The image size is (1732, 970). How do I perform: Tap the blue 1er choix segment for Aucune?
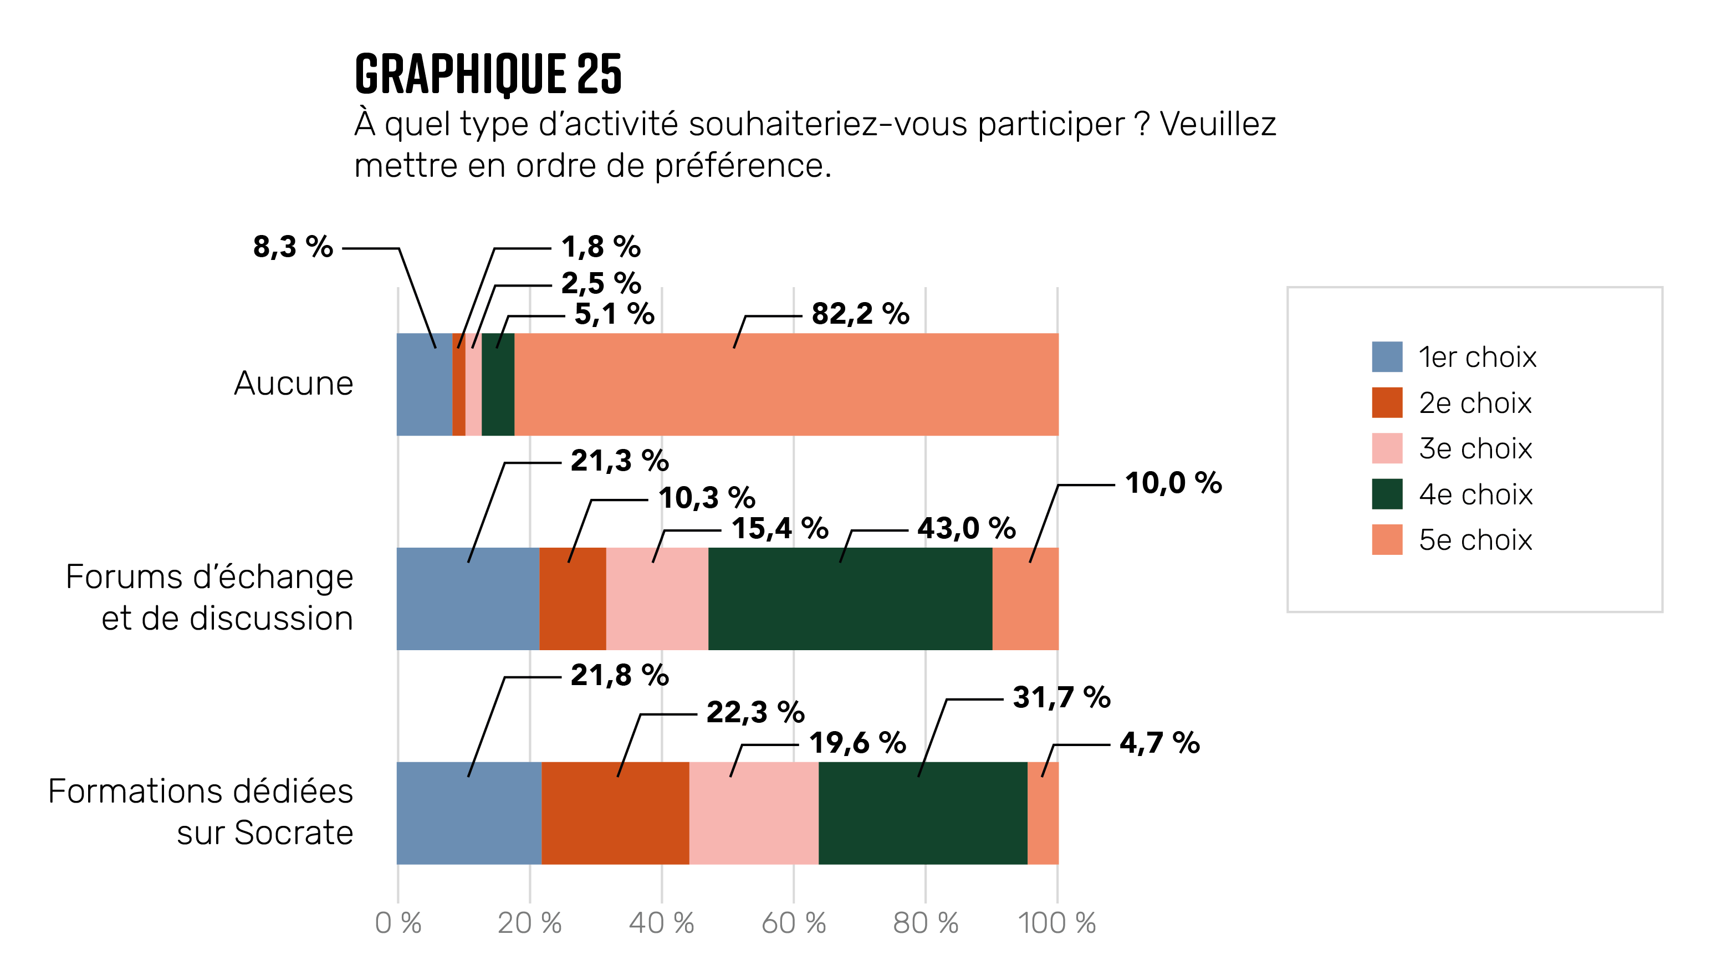pyautogui.click(x=424, y=385)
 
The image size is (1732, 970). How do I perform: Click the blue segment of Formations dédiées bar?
pyautogui.click(x=469, y=813)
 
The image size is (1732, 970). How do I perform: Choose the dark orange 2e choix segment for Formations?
pyautogui.click(x=615, y=813)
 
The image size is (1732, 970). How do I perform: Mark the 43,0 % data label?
pyautogui.click(x=966, y=528)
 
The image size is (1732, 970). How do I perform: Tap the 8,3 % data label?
pyautogui.click(x=293, y=247)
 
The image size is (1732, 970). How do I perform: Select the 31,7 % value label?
pyautogui.click(x=1061, y=697)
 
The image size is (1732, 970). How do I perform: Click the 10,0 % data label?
pyautogui.click(x=1173, y=483)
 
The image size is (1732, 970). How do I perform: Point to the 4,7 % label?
pyautogui.click(x=1159, y=743)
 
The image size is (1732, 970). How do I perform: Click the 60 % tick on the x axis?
pyautogui.click(x=793, y=923)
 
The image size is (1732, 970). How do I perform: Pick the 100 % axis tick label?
pyautogui.click(x=1056, y=923)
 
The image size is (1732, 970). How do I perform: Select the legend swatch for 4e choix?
pyautogui.click(x=1386, y=494)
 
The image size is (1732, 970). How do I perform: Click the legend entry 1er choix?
pyautogui.click(x=1476, y=357)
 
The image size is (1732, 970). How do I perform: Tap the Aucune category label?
pyautogui.click(x=293, y=384)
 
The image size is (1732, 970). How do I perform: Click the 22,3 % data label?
pyautogui.click(x=755, y=712)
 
